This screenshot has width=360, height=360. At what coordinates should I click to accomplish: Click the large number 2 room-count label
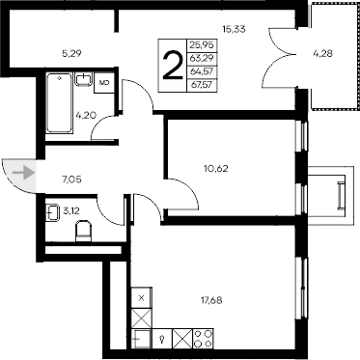pos(173,66)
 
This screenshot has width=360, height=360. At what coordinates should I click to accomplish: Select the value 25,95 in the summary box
pos(204,44)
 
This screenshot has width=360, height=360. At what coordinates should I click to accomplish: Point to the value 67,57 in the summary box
pos(204,85)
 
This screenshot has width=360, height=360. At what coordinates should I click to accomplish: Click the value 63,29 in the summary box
pos(204,58)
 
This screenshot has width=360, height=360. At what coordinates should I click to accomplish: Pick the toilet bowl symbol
pos(82,231)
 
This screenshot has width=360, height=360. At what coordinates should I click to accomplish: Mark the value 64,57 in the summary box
pos(204,71)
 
